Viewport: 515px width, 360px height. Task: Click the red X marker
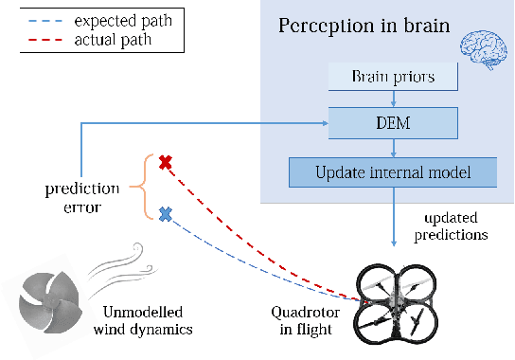[165, 163]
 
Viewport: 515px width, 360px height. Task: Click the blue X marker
[165, 215]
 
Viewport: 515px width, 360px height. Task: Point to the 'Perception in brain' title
[362, 23]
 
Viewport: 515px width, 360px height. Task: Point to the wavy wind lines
[105, 275]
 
